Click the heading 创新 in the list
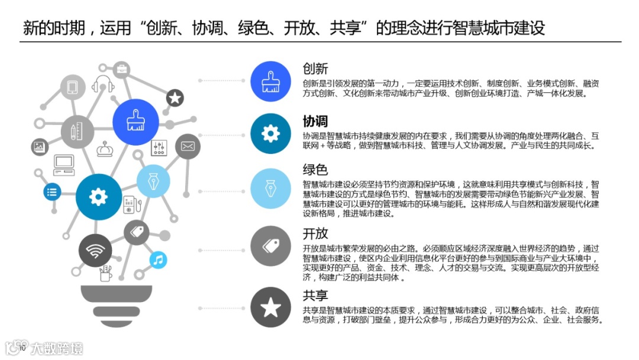point(315,69)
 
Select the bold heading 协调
point(315,121)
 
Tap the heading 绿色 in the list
point(315,171)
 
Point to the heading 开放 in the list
point(315,234)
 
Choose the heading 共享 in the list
point(315,295)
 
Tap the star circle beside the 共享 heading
point(270,307)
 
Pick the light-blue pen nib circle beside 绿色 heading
point(270,188)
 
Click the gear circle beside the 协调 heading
point(270,134)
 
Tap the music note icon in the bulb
point(157,259)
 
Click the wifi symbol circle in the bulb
point(95,252)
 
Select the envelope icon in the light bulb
point(188,146)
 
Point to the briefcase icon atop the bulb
point(121,69)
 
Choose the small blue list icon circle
point(52,191)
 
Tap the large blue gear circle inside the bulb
point(99,197)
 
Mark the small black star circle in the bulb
point(175,98)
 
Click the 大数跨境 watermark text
point(57,348)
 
